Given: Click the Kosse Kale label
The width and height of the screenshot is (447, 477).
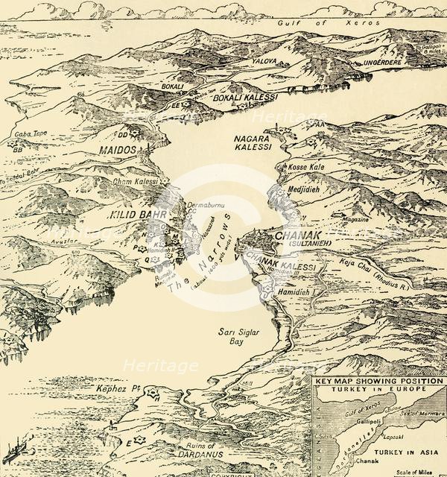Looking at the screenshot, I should point(306,168).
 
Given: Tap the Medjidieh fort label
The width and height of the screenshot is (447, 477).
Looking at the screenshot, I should point(306,189).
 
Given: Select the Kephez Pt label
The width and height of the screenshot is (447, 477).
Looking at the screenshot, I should point(114,388).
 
